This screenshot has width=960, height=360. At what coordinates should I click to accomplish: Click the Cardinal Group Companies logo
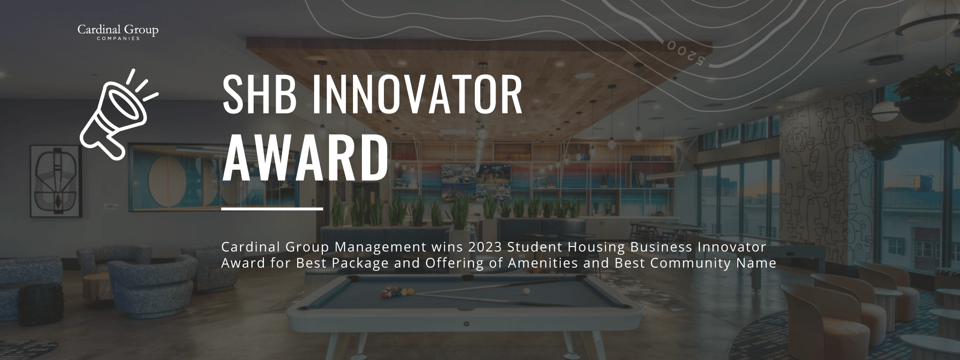click(118, 32)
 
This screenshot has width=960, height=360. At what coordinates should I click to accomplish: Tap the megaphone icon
click(119, 114)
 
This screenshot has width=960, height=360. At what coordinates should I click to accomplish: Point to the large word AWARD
click(305, 159)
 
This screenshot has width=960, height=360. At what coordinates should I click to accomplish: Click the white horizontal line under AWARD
click(272, 209)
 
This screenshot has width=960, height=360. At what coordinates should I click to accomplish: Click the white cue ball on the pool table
click(526, 291)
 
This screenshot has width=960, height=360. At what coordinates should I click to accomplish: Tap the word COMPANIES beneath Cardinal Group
click(118, 38)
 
